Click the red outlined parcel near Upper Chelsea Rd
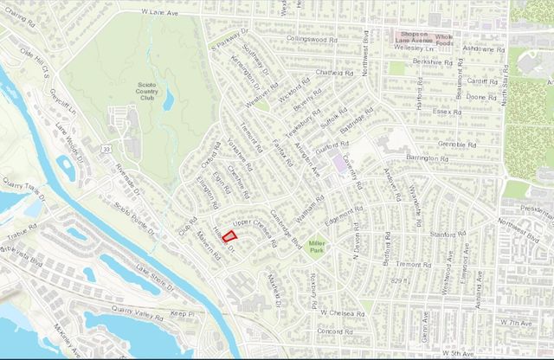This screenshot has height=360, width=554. coord(230,235)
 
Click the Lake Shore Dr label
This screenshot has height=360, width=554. coord(155,274)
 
